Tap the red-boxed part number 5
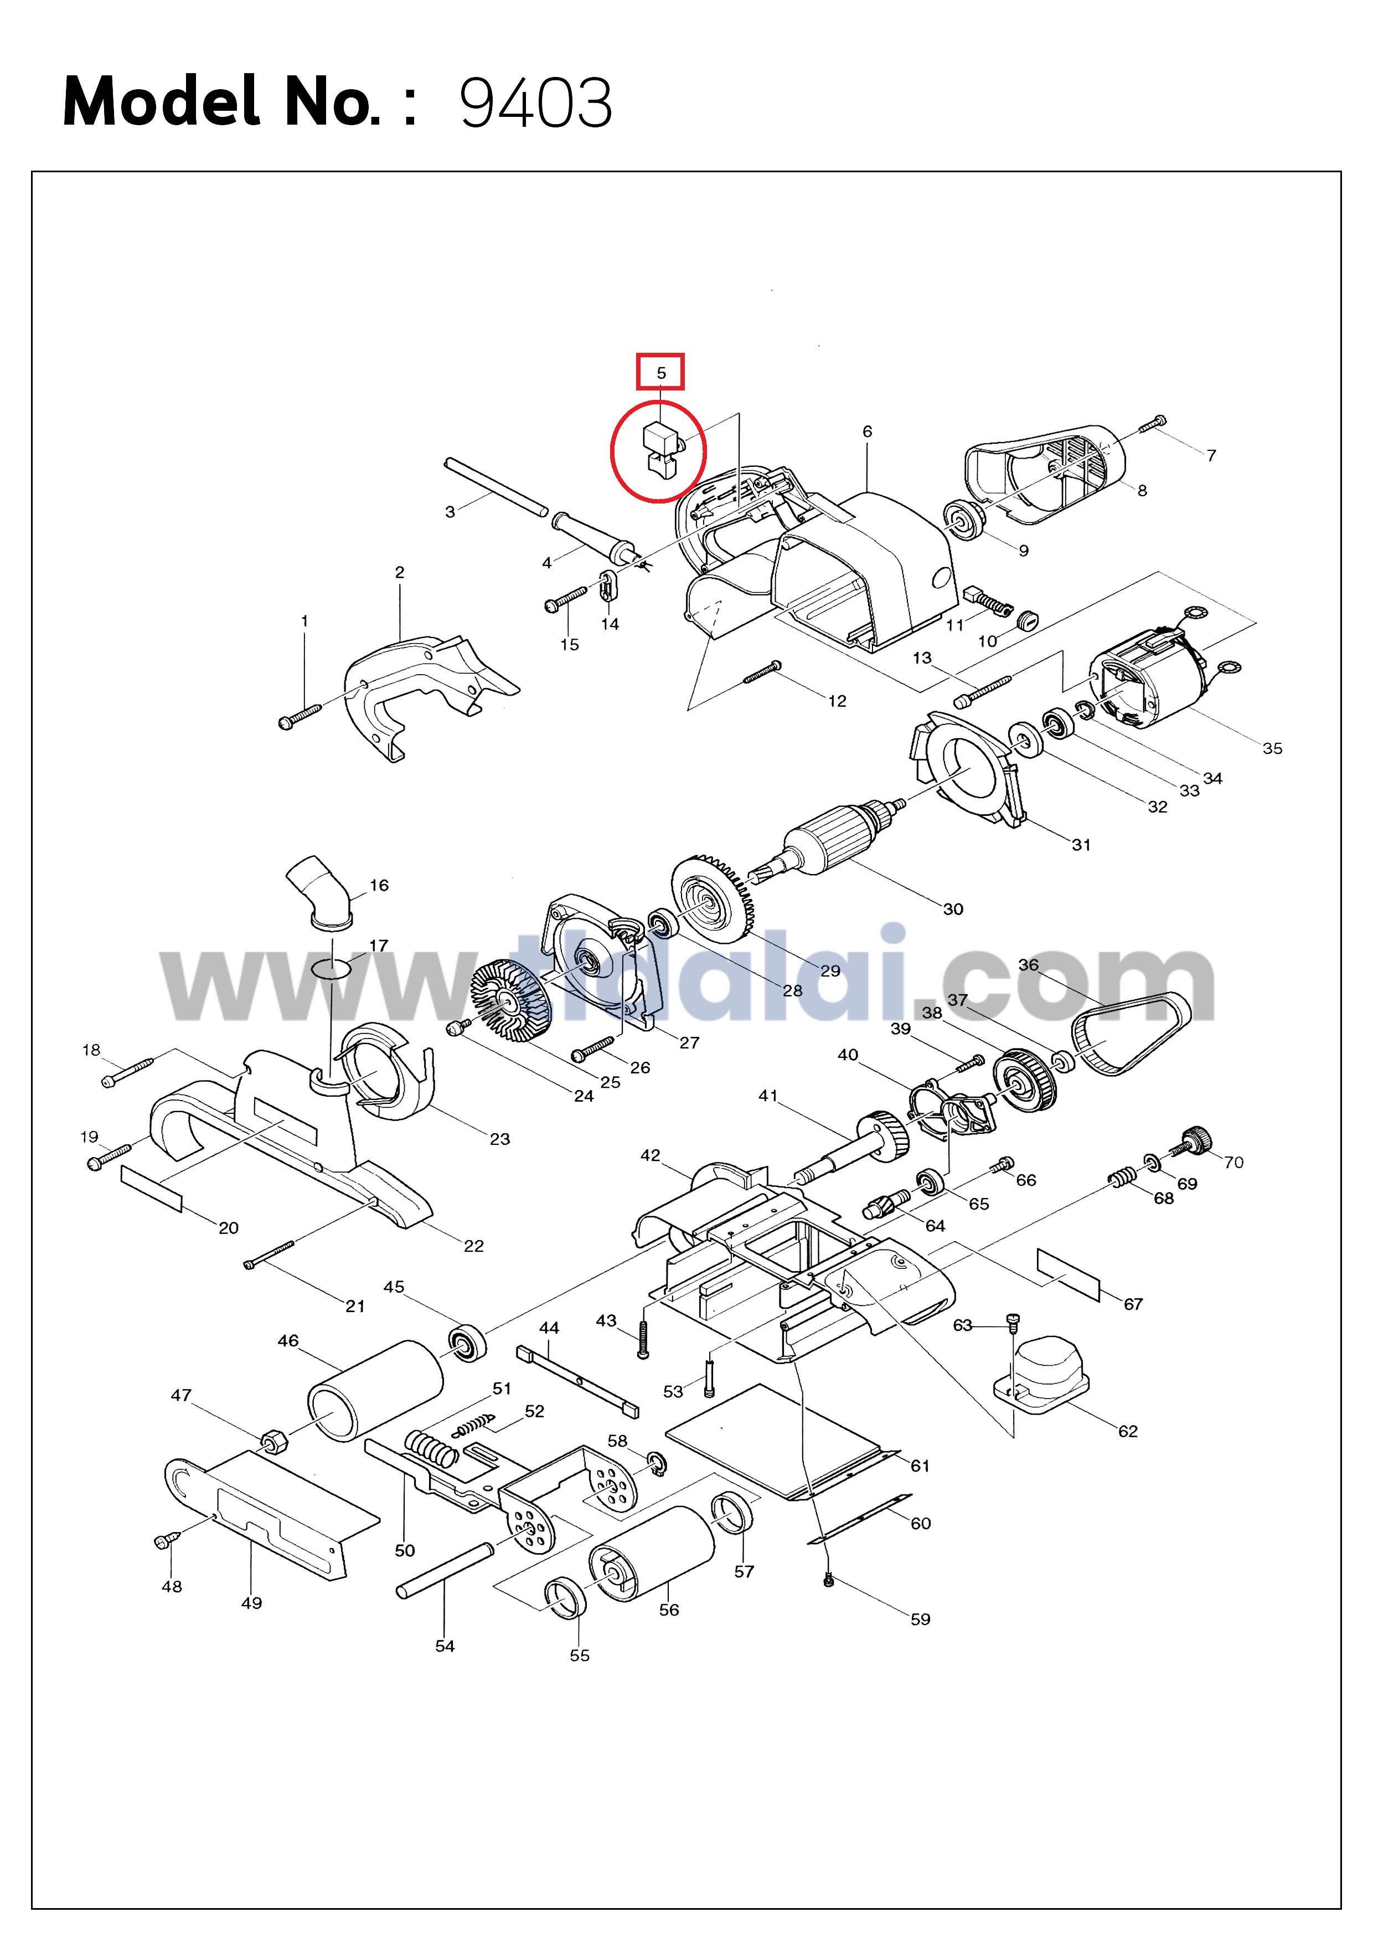[x=662, y=372]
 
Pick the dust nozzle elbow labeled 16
[x=320, y=893]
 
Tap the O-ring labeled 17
[x=332, y=967]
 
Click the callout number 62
[x=1128, y=1431]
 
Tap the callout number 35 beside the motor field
[x=1272, y=748]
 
